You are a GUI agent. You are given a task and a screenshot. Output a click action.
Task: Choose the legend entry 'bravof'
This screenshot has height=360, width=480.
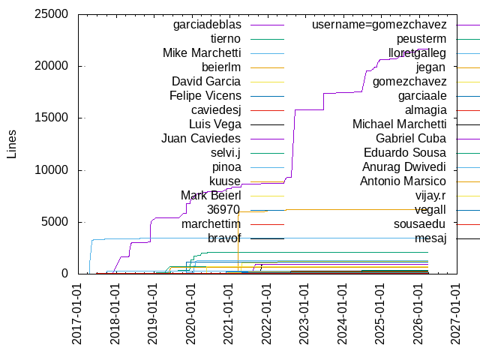coord(224,238)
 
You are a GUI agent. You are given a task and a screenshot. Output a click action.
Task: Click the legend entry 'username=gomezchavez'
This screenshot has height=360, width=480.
coord(382,25)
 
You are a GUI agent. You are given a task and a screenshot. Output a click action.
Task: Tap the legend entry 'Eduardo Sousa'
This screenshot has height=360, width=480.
coord(405,153)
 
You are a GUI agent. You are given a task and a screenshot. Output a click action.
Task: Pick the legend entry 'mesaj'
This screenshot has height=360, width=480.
coord(430,238)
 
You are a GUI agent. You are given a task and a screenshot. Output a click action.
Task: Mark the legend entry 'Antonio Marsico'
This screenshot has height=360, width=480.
coord(403,181)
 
